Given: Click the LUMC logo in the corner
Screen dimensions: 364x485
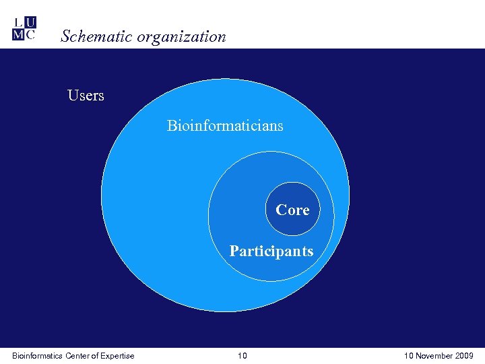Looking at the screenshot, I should point(24,28).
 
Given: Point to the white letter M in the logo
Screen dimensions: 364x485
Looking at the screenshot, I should point(18,34).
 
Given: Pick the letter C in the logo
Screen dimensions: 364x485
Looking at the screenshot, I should point(30,34).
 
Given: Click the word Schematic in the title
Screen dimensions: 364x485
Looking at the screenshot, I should point(96,37).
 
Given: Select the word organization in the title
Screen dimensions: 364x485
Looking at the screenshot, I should point(181,37).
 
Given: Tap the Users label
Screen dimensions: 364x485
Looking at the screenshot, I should point(86,96).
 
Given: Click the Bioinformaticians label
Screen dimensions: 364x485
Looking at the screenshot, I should point(225,125).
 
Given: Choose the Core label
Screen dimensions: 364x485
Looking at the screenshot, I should point(292,210).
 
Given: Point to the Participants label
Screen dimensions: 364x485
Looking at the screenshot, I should point(271,251).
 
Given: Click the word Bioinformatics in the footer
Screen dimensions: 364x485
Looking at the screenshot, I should point(37,356).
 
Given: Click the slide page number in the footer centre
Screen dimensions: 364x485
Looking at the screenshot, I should point(242,356).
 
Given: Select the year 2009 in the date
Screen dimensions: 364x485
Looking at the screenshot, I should point(463,356).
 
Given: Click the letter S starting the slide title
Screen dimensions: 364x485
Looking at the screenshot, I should point(65,37).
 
